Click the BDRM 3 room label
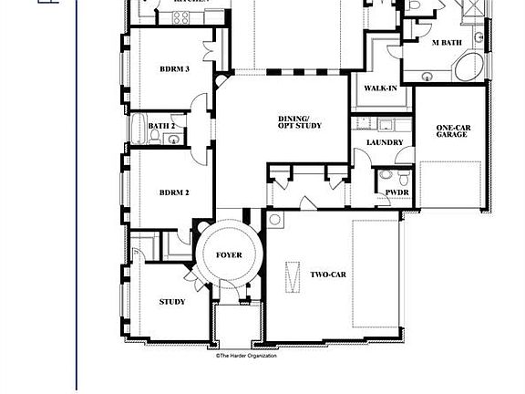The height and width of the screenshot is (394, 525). tap(173, 69)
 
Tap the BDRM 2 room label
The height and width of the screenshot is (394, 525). tap(173, 192)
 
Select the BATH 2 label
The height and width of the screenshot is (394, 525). tap(161, 126)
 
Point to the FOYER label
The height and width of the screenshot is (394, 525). tap(229, 255)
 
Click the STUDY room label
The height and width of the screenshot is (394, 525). tap(172, 302)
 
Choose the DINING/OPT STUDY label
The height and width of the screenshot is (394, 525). tap(301, 122)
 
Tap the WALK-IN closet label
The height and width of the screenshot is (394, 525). tap(379, 88)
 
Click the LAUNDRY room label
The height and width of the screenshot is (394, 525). tap(385, 143)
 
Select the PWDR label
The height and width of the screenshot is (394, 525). tap(396, 192)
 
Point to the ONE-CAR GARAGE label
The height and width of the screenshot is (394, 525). tap(451, 130)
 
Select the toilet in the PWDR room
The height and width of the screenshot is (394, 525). tap(386, 175)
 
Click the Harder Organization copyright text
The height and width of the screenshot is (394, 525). tap(246, 356)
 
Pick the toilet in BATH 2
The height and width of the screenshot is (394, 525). tap(155, 138)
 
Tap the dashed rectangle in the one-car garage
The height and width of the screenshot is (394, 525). tap(451, 187)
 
